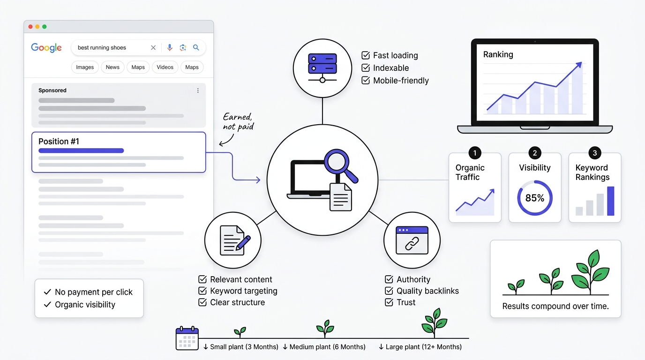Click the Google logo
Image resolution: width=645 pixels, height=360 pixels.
pyautogui.click(x=46, y=48)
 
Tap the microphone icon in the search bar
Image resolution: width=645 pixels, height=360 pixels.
pyautogui.click(x=170, y=47)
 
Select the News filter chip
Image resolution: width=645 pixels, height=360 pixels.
pyautogui.click(x=112, y=67)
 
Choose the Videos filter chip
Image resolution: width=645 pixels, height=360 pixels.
pyautogui.click(x=165, y=67)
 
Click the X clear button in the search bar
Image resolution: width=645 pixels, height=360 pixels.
pyautogui.click(x=153, y=47)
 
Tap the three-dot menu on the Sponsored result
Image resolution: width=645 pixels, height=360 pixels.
pyautogui.click(x=198, y=90)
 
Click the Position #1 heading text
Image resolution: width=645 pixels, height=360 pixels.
pyautogui.click(x=59, y=142)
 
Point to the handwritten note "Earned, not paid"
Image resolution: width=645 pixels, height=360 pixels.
pyautogui.click(x=238, y=122)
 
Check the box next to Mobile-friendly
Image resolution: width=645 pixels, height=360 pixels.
pyautogui.click(x=366, y=80)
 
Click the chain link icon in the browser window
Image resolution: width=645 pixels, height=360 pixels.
pyautogui.click(x=412, y=244)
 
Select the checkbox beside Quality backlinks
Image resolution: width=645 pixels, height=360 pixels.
pyautogui.click(x=389, y=291)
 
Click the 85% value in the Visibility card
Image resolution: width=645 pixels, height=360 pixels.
pyautogui.click(x=535, y=198)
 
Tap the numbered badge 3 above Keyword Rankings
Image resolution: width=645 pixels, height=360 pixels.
pyautogui.click(x=594, y=153)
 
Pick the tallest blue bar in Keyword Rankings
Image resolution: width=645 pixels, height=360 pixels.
pyautogui.click(x=610, y=201)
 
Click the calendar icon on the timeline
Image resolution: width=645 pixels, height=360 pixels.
pyautogui.click(x=187, y=338)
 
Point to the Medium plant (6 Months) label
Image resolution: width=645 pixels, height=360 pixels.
pyautogui.click(x=327, y=347)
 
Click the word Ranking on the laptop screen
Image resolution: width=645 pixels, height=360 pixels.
pyautogui.click(x=498, y=54)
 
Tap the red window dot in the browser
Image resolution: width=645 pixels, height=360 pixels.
pyautogui.click(x=30, y=27)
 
